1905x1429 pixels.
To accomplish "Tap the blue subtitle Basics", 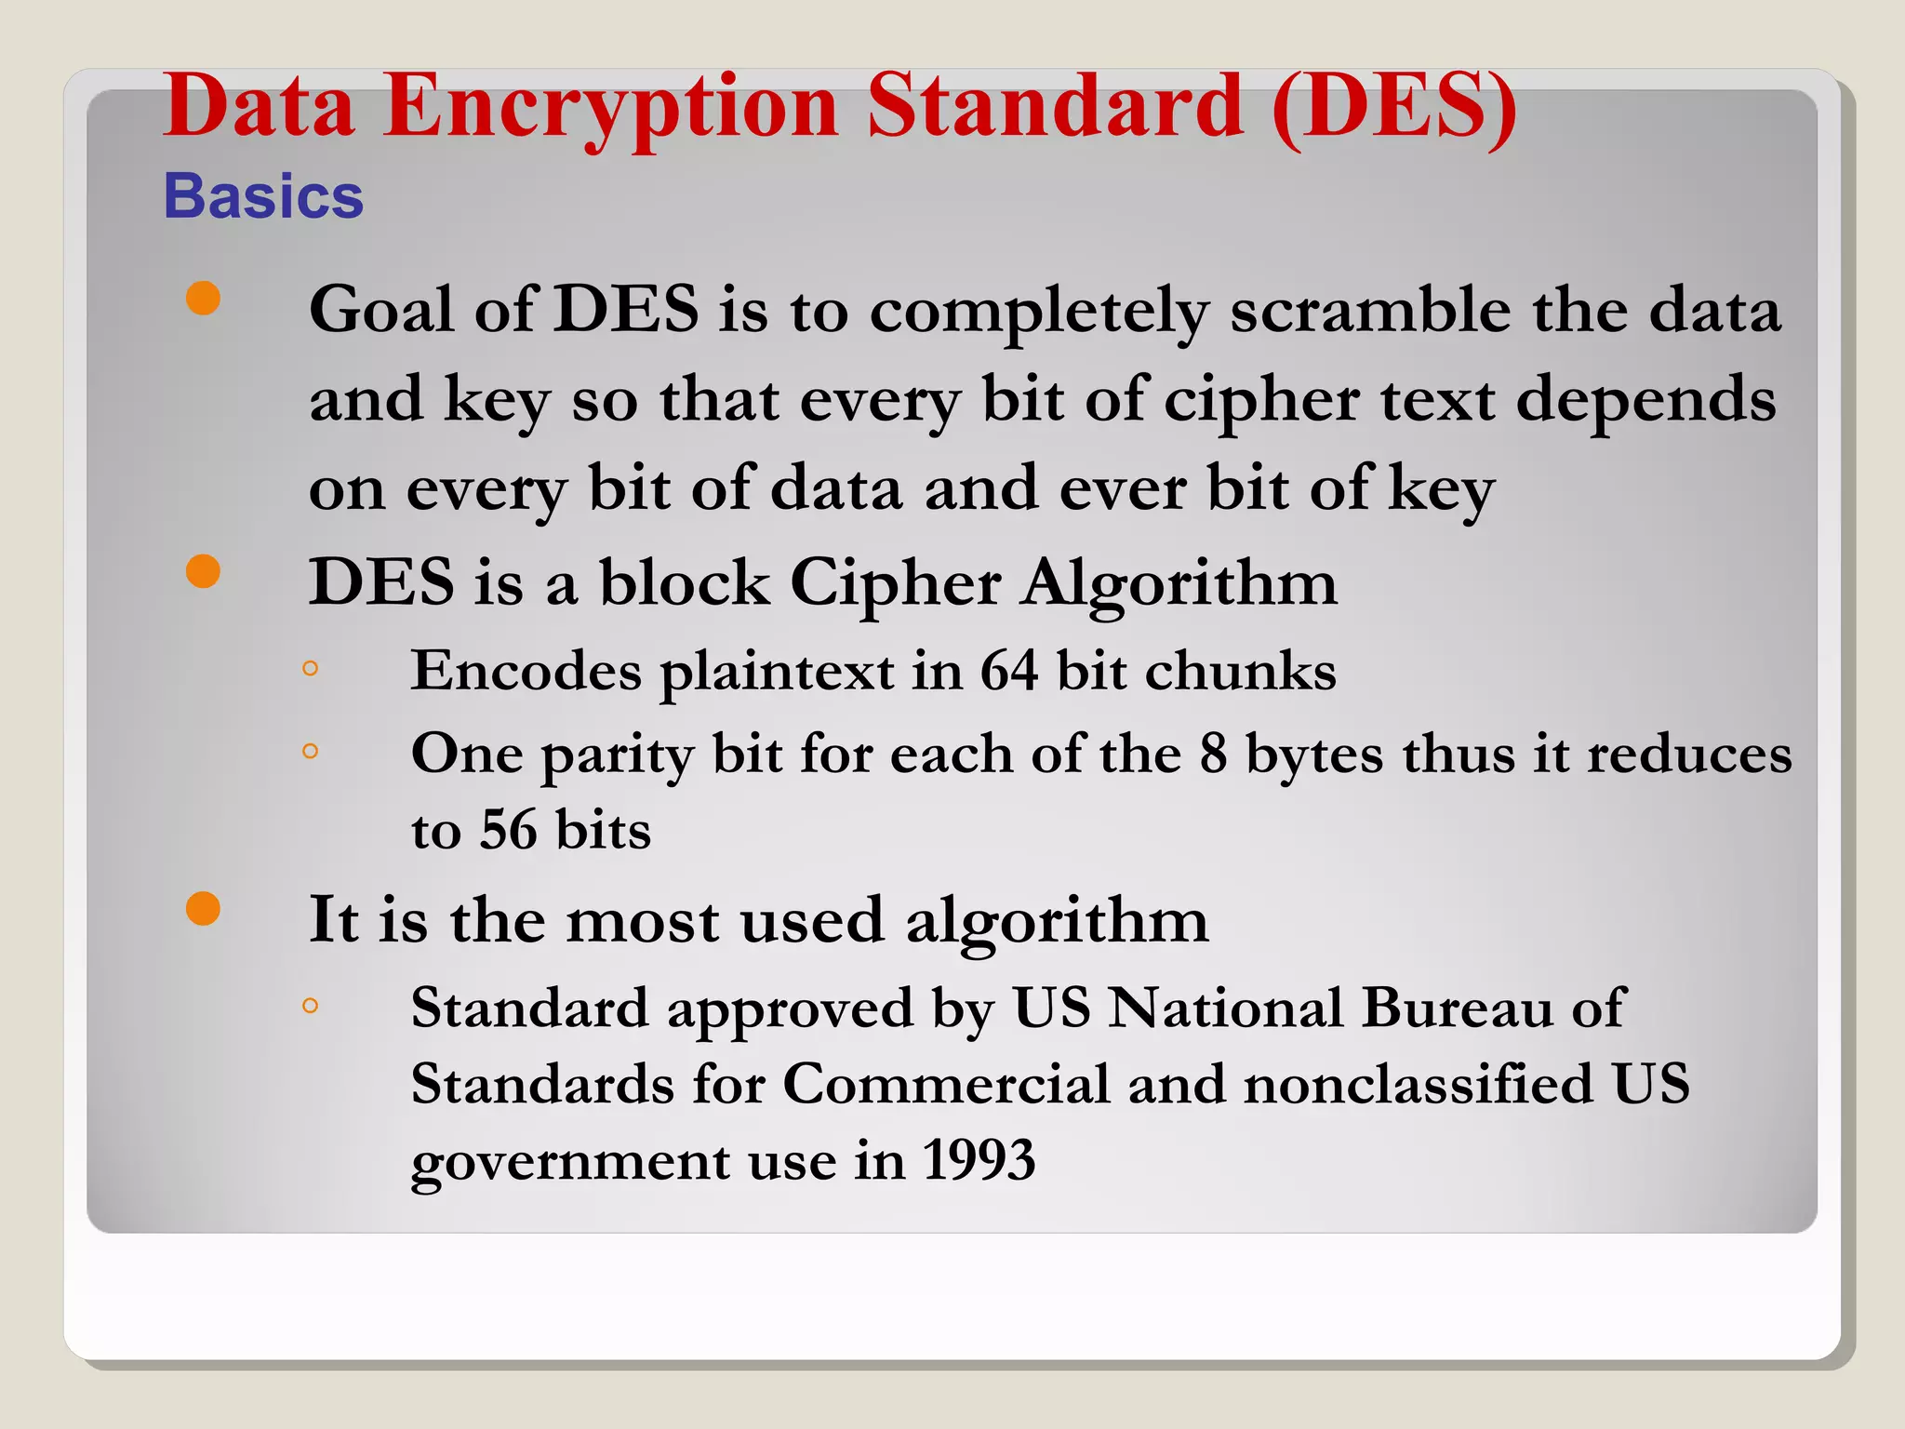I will tap(263, 196).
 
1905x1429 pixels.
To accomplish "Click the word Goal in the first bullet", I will tap(380, 310).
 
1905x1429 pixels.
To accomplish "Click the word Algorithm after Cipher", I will tap(1179, 584).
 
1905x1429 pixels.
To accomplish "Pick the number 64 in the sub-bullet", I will tap(1008, 671).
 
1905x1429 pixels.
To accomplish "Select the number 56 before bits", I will tap(508, 830).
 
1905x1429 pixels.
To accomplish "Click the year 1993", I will tap(979, 1160).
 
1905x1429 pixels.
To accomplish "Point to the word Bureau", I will tap(1457, 1008).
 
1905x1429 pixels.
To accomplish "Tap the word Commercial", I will tap(946, 1084).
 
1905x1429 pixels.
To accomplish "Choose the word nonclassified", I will tap(1419, 1084).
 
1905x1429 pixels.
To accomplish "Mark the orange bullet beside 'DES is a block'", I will tap(203, 571).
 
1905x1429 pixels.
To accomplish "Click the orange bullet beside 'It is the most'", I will tap(203, 909).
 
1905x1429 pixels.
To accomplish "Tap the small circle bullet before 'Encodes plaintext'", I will tap(311, 668).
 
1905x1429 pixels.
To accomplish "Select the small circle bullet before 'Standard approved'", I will tap(311, 1005).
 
